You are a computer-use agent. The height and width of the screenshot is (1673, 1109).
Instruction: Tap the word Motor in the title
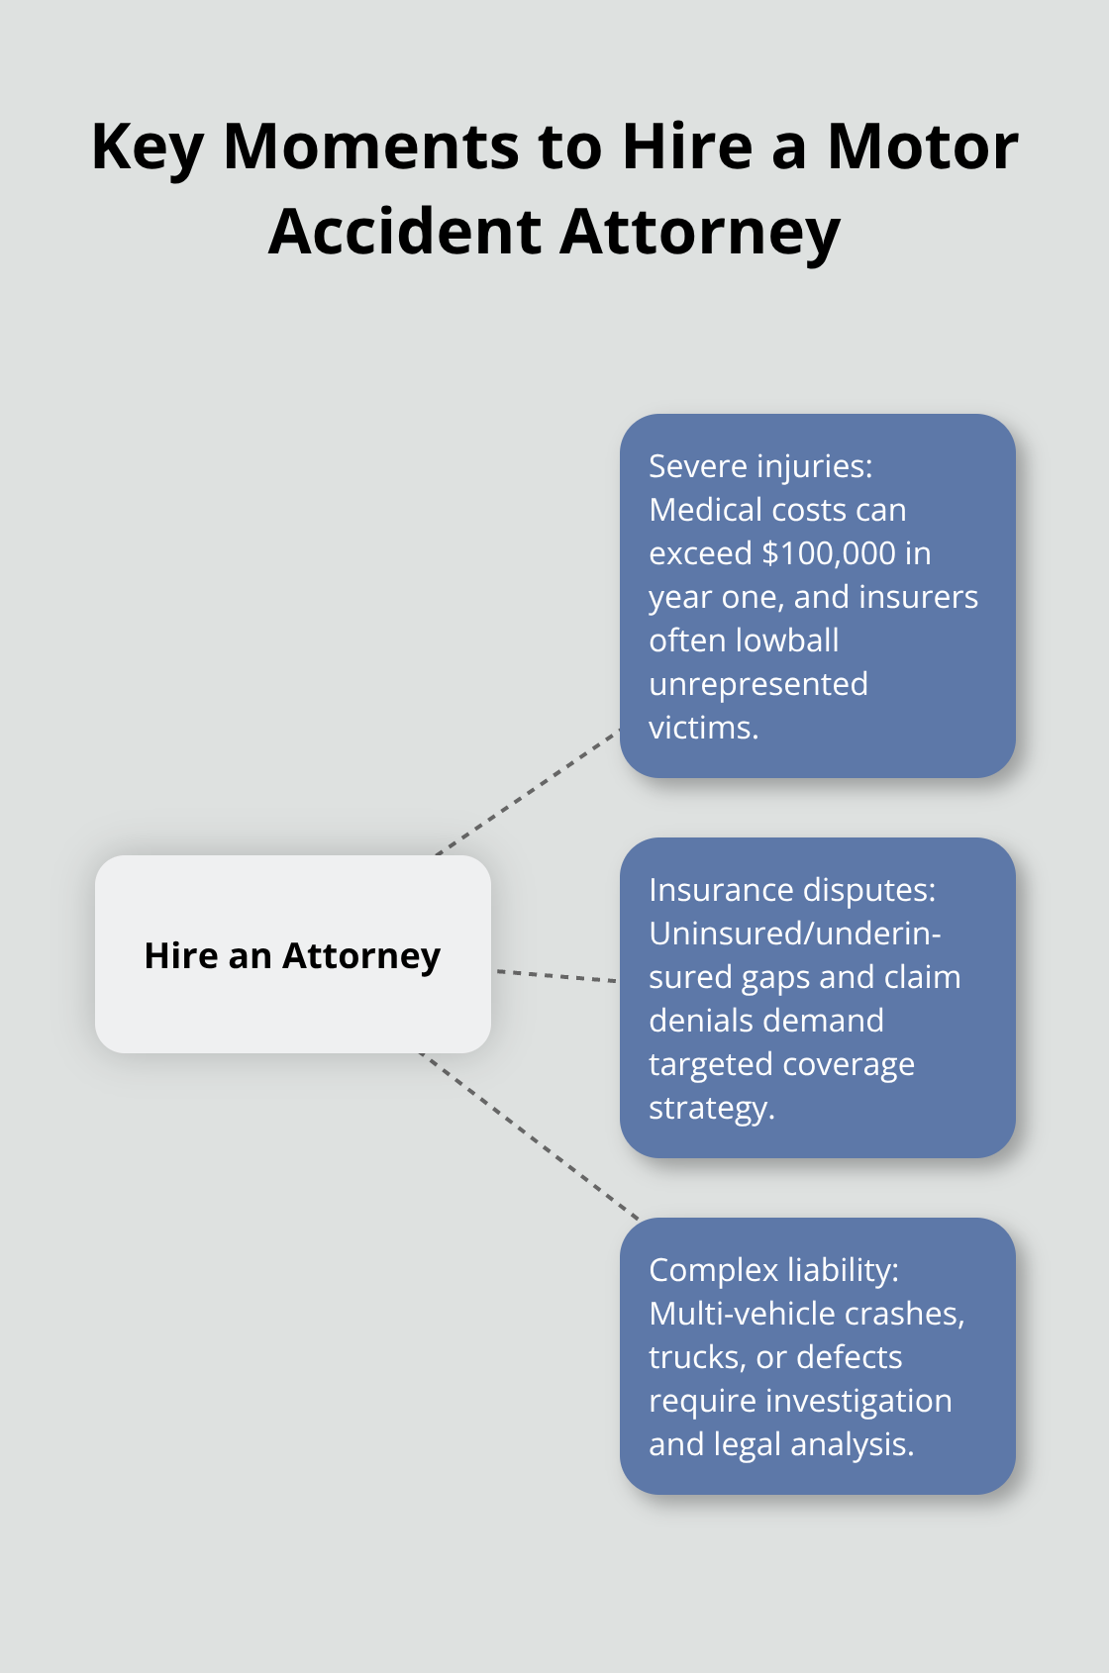[922, 148]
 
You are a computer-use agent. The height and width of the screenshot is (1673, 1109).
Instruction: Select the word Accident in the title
[404, 232]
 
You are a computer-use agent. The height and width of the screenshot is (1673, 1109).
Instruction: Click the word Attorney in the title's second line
[699, 234]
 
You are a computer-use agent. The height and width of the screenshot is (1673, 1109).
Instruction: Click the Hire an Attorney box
[292, 954]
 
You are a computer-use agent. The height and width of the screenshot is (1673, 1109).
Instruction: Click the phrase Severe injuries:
[760, 466]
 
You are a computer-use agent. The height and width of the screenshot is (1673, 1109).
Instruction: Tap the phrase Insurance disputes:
[791, 890]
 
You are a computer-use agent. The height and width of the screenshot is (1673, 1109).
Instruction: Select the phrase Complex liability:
[773, 1270]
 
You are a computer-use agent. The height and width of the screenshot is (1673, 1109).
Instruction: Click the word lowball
[789, 640]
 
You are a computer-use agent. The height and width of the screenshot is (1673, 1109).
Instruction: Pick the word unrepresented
[757, 684]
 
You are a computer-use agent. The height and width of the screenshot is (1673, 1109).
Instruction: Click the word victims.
[703, 728]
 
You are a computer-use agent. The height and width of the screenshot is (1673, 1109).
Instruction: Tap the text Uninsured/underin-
[794, 934]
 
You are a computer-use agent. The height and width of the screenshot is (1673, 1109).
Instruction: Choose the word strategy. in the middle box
[711, 1108]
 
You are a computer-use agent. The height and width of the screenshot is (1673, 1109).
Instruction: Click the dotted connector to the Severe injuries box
[528, 793]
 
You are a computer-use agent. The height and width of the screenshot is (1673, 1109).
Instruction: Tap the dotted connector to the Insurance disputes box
[555, 976]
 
